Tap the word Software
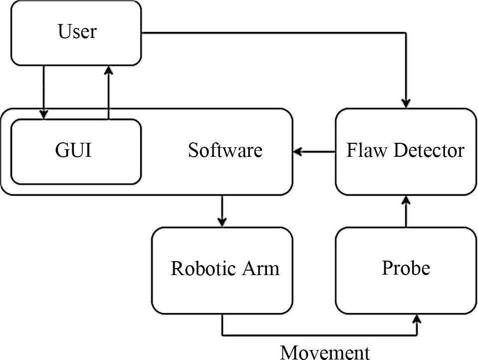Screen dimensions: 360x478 click(225, 150)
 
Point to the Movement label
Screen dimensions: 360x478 click(325, 352)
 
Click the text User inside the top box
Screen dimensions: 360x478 click(77, 31)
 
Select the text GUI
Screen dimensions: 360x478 click(73, 150)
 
